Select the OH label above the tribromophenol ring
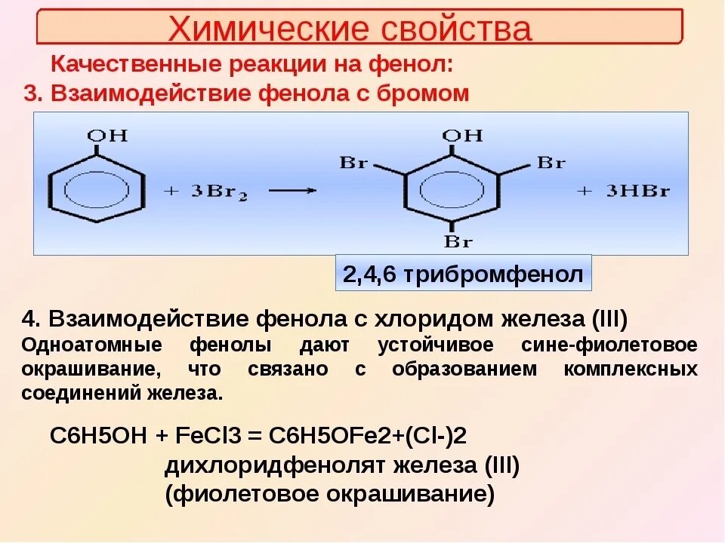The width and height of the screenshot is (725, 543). point(461,136)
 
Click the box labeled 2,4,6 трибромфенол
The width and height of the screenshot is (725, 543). point(463,274)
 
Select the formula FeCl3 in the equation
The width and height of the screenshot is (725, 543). point(199,436)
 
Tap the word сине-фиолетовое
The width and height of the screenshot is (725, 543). point(609,345)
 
